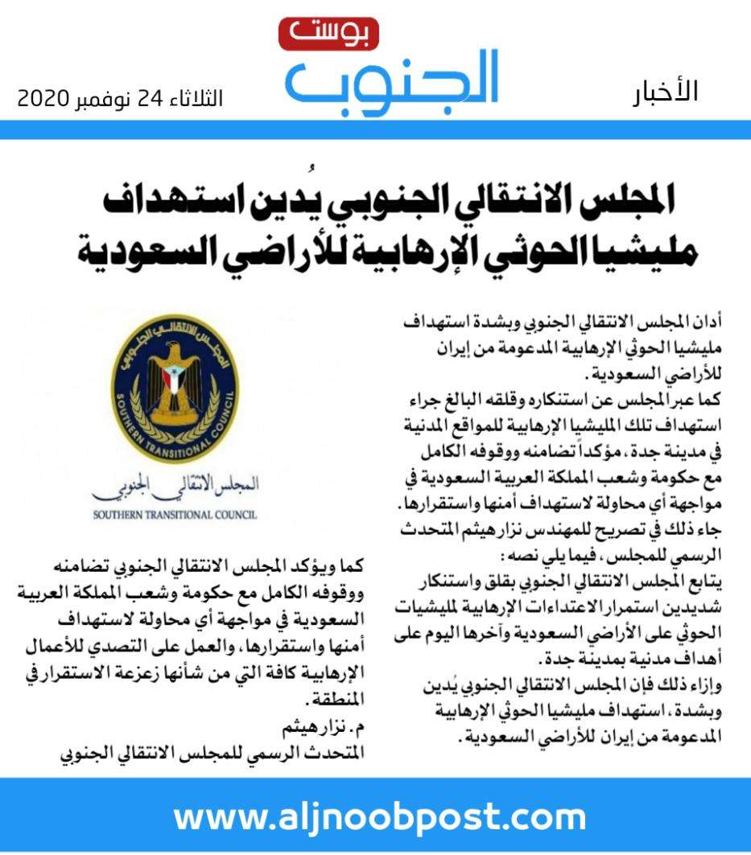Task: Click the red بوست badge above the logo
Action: coord(328,33)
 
